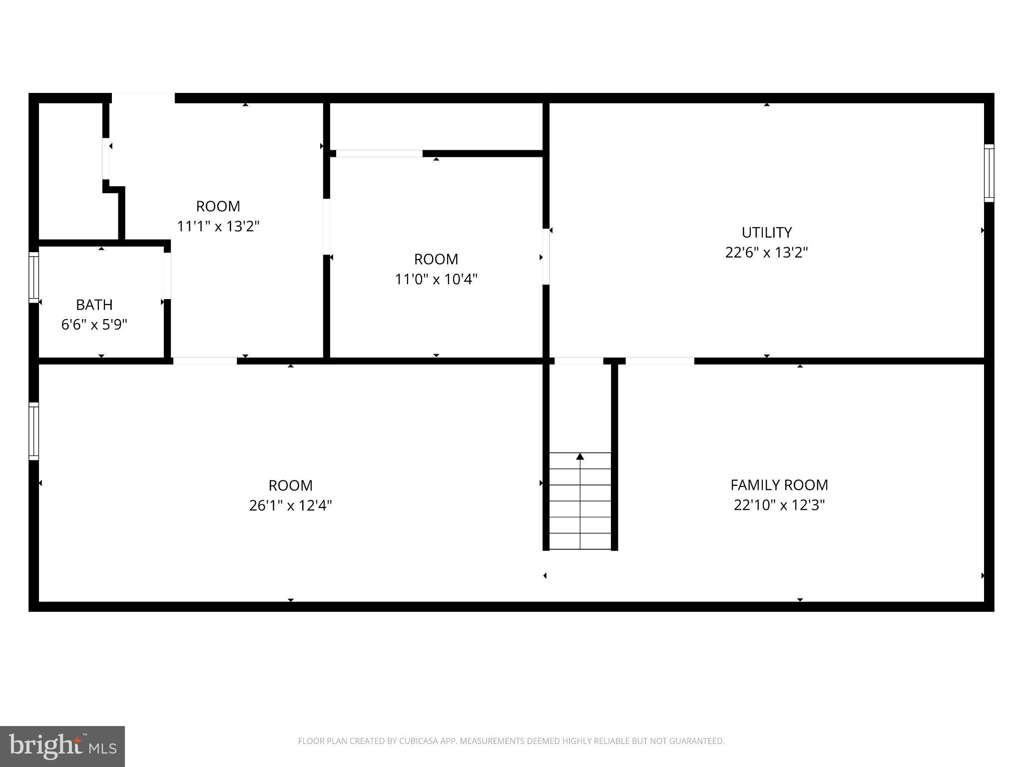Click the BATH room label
pos(94,305)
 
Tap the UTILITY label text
pos(766,232)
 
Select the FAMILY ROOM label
pos(779,485)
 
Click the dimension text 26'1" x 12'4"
pos(290,506)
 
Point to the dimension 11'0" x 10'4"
pos(436,279)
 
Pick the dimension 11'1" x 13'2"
pos(218,226)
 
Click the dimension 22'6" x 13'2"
pos(766,253)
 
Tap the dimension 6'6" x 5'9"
pos(94,325)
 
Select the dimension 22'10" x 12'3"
pos(779,505)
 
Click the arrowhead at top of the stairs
pos(580,456)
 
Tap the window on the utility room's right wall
pos(989,173)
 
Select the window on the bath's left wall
pos(33,277)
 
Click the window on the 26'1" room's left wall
pos(33,431)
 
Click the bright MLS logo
pos(62,746)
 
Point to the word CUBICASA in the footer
pos(419,741)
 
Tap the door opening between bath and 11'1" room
pos(167,276)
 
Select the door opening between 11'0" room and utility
pos(546,257)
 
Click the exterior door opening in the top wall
pos(143,98)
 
